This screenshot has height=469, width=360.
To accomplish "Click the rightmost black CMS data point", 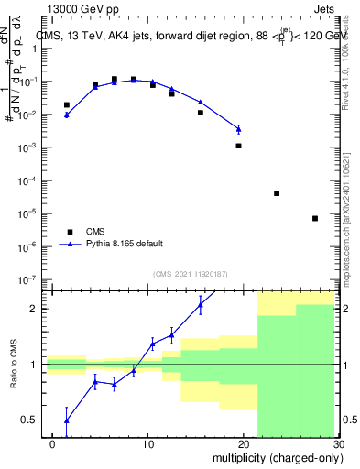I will click(315, 218).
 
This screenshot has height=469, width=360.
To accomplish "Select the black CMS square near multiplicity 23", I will click(277, 193).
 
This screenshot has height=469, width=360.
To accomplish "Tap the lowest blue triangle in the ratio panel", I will click(66, 420).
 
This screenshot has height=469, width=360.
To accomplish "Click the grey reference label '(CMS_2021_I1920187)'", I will click(190, 274).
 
